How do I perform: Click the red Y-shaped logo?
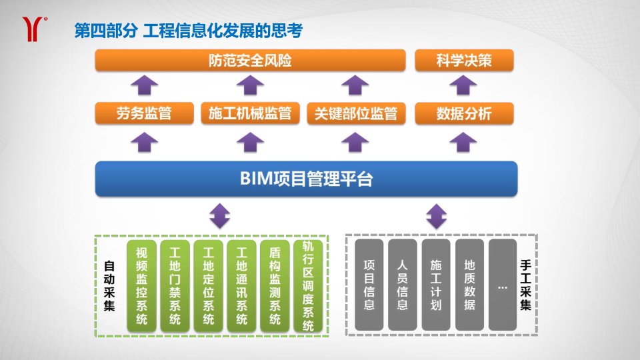coord(32,29)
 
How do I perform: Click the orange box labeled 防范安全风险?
coord(250,61)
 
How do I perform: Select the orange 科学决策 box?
coord(464,61)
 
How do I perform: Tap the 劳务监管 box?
coord(144,113)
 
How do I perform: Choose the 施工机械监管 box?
coord(250,113)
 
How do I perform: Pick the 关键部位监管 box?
coord(356,113)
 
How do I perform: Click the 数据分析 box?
coord(464,113)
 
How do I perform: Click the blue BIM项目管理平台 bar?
coord(306,179)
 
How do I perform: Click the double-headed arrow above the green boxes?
coord(219,216)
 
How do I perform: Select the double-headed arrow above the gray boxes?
coord(436,216)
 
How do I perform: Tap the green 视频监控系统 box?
coord(141,286)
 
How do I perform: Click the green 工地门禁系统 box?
coord(175,286)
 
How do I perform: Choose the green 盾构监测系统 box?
coord(275,286)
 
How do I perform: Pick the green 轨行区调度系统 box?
coord(308,286)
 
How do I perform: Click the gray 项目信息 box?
coord(369,285)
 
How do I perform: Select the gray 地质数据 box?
coord(469,285)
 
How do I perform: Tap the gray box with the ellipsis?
coord(503,285)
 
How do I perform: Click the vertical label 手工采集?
coord(525,285)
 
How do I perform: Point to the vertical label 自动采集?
coord(109,286)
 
